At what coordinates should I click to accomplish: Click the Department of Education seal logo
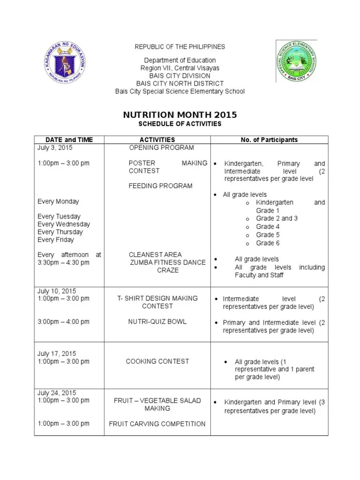(x=65, y=63)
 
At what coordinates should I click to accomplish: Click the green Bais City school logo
(x=295, y=61)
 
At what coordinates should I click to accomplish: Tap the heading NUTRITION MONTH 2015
(x=180, y=115)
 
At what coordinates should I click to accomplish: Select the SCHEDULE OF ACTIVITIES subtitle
(x=180, y=124)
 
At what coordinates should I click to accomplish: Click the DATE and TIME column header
(x=69, y=140)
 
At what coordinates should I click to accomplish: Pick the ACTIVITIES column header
(x=157, y=140)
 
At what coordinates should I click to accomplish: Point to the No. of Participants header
(x=269, y=140)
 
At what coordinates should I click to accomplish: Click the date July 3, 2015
(x=55, y=148)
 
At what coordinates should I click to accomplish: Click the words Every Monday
(x=58, y=202)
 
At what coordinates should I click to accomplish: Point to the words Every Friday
(x=56, y=240)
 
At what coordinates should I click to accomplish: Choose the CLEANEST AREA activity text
(x=155, y=255)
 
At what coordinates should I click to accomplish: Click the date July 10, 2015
(x=57, y=291)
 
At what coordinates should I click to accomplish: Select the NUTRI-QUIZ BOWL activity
(x=157, y=322)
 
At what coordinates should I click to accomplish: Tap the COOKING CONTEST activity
(x=157, y=361)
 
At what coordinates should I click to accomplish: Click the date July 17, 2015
(x=57, y=354)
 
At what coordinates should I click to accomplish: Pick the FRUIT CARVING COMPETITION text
(x=157, y=424)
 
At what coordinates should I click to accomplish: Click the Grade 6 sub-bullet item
(x=267, y=243)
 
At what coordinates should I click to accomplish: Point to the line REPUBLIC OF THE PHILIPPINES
(x=180, y=47)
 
